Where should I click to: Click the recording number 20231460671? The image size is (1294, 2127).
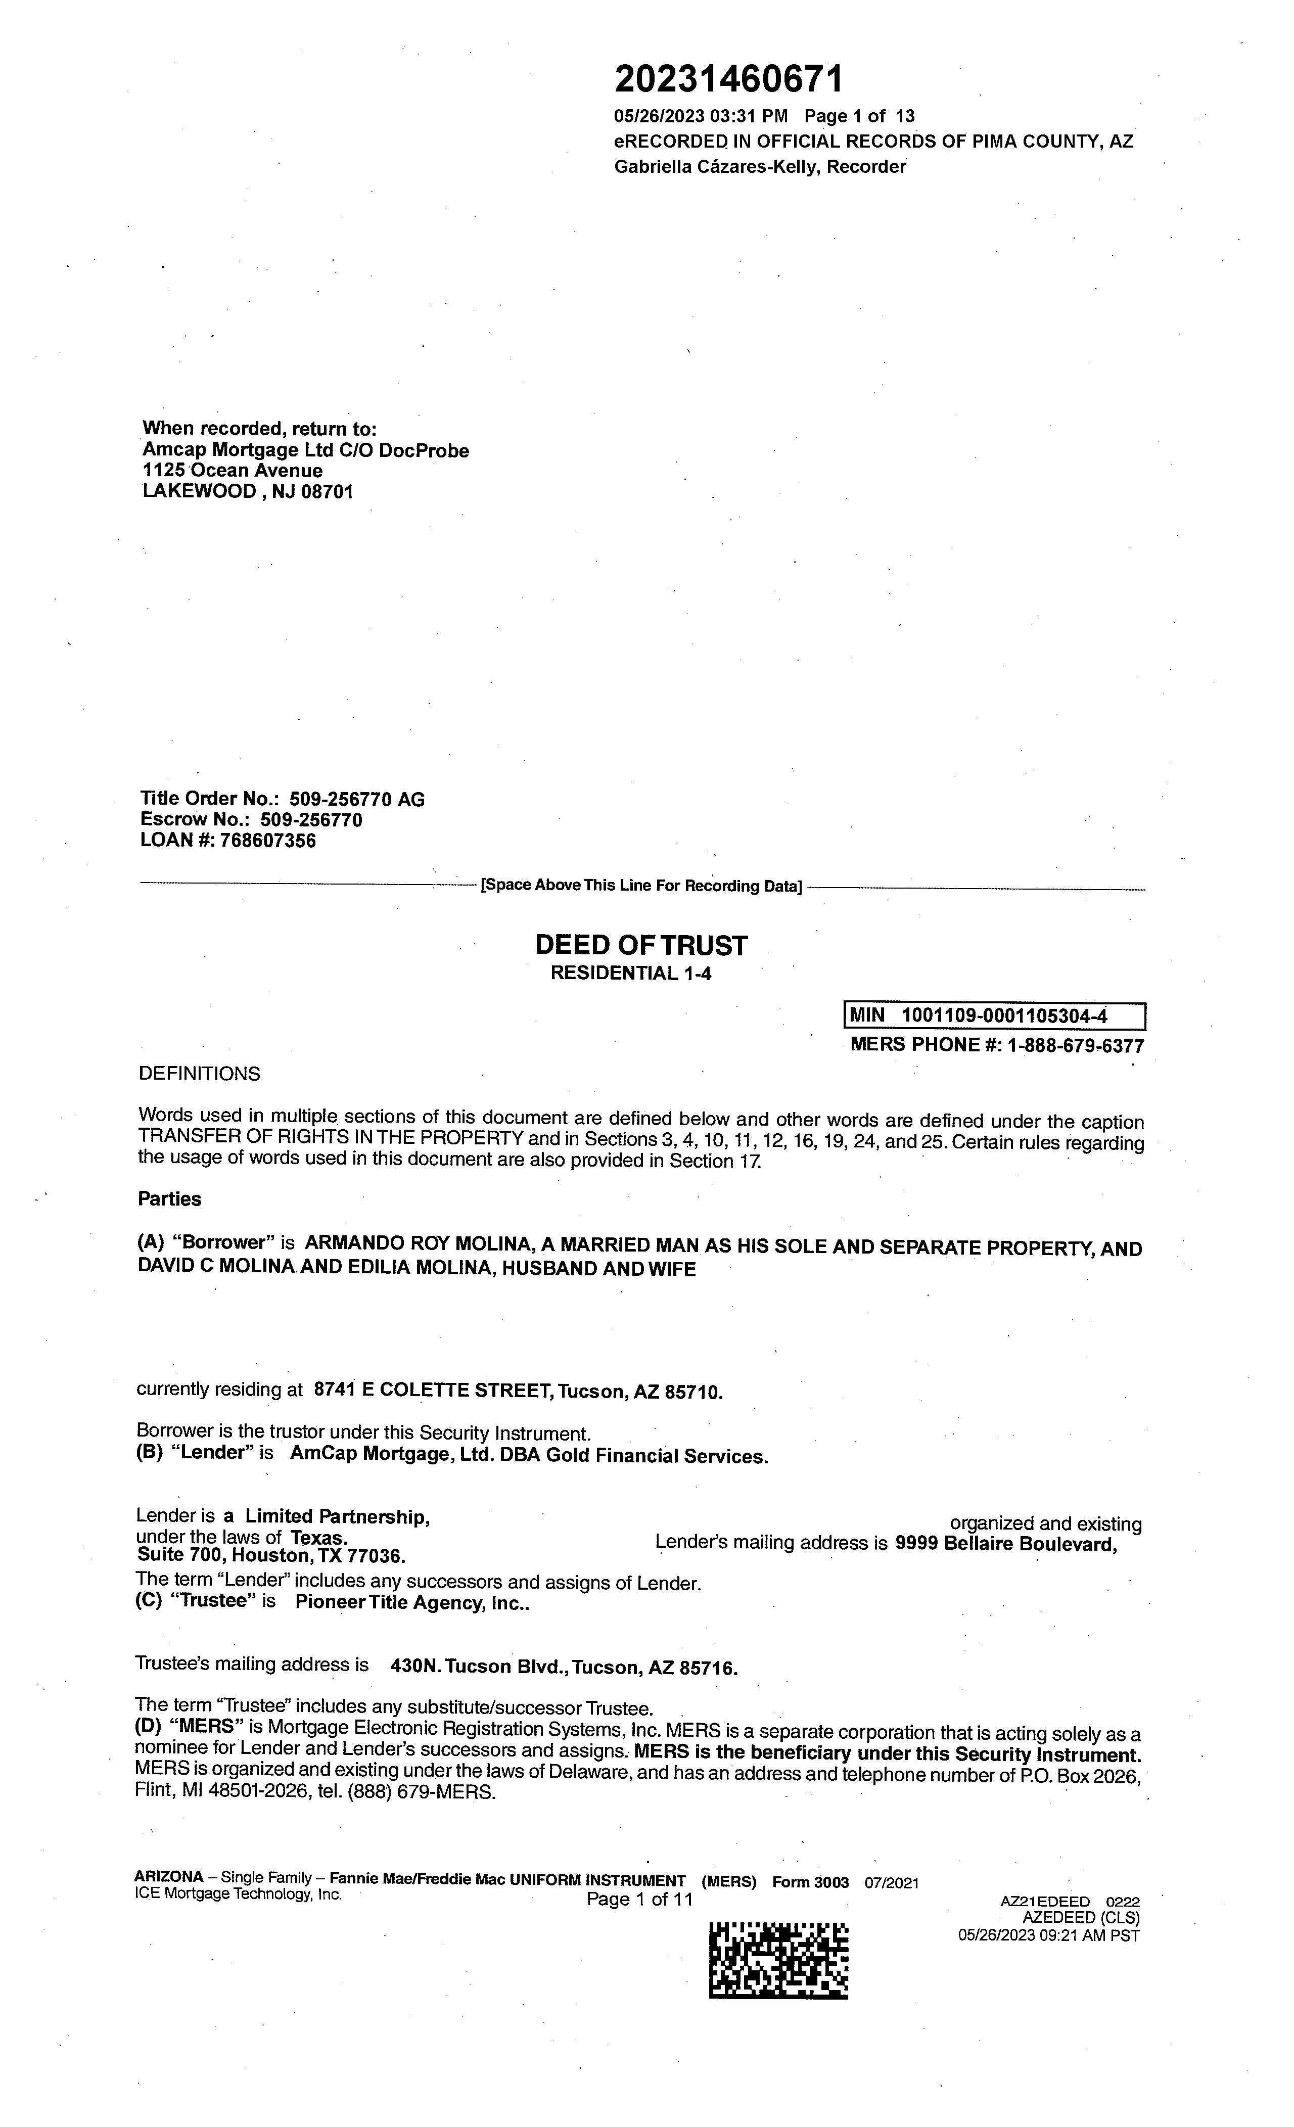(728, 80)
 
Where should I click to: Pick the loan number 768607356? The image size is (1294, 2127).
(268, 841)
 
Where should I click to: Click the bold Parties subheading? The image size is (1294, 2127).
(169, 1199)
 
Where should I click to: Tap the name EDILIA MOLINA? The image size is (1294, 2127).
(420, 1268)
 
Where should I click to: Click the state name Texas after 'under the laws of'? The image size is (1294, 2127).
(318, 1538)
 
